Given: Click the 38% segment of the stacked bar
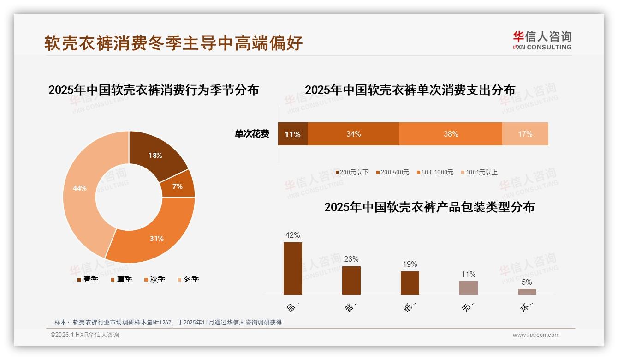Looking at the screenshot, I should click(451, 134).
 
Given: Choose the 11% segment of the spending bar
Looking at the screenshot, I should click(292, 134).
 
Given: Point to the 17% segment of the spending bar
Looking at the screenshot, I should click(525, 134).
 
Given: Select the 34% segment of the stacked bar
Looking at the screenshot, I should click(353, 134).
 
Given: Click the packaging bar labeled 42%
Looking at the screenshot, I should click(292, 269).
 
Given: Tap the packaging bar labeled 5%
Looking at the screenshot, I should click(527, 292).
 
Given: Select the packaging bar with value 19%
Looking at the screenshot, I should click(410, 283).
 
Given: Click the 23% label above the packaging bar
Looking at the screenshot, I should click(351, 259).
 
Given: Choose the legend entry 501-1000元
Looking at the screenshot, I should click(435, 172).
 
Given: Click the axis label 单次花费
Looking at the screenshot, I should click(252, 134).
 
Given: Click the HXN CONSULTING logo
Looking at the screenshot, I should click(542, 41).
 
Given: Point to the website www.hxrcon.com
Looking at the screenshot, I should click(536, 335).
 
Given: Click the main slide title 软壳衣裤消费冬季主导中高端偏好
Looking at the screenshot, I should click(173, 42).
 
